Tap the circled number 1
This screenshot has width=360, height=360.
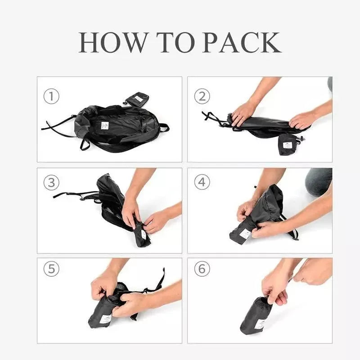coord(51,96)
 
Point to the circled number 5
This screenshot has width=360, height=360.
coord(51,269)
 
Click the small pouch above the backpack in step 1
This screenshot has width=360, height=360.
coord(138,99)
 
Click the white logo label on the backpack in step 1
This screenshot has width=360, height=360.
coord(105,125)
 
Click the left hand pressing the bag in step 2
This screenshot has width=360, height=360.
coord(243,113)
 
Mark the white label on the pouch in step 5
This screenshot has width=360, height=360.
coord(105,319)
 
